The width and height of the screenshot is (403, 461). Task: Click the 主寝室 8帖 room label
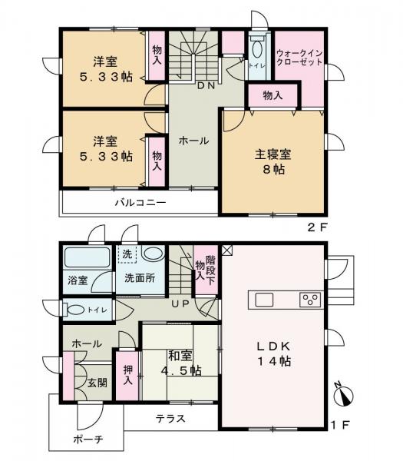(x=273, y=161)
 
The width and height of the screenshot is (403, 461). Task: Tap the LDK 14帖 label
(x=273, y=352)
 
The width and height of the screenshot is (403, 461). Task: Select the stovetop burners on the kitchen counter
(x=309, y=299)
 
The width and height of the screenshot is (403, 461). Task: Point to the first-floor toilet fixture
(x=75, y=310)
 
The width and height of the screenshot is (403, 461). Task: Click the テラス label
(x=170, y=419)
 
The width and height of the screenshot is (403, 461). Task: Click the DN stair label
(x=206, y=86)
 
